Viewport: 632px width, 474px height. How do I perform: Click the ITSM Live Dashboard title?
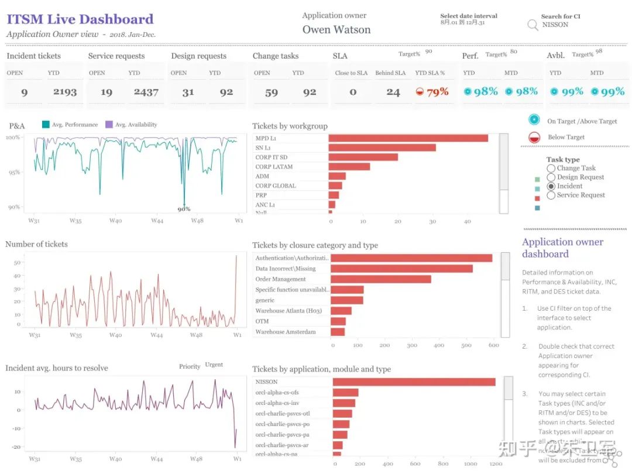pyautogui.click(x=80, y=19)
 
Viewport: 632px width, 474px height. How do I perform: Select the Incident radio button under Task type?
pyautogui.click(x=551, y=186)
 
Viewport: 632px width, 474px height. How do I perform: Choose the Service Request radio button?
pyautogui.click(x=551, y=195)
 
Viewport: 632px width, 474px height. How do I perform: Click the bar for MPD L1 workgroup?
pyautogui.click(x=408, y=138)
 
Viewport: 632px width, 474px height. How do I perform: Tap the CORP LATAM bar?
pyautogui.click(x=349, y=167)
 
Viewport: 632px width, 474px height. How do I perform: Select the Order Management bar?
pyautogui.click(x=380, y=279)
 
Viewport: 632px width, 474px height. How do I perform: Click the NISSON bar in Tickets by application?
pyautogui.click(x=414, y=382)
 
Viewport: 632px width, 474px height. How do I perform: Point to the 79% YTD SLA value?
pyautogui.click(x=437, y=92)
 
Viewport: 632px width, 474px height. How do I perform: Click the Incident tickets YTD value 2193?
pyautogui.click(x=65, y=92)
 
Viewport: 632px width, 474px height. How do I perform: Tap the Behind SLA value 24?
pyautogui.click(x=393, y=92)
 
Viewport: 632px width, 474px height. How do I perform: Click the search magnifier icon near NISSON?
pyautogui.click(x=533, y=25)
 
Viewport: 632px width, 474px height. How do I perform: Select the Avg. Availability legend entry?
pyautogui.click(x=131, y=125)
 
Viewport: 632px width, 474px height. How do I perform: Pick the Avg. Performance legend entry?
pyautogui.click(x=70, y=125)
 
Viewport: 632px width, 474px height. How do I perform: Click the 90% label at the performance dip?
pyautogui.click(x=184, y=209)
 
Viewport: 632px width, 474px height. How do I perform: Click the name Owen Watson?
pyautogui.click(x=336, y=30)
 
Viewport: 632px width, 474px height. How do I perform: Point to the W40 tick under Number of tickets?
pyautogui.click(x=115, y=335)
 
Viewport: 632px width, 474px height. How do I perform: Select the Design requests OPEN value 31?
pyautogui.click(x=187, y=92)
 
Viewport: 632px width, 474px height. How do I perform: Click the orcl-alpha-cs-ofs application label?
pyautogui.click(x=277, y=393)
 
